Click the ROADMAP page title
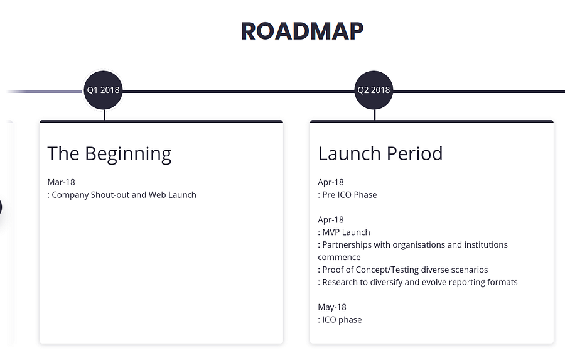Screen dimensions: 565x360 pyautogui.click(x=302, y=31)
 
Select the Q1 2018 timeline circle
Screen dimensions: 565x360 pyautogui.click(x=103, y=90)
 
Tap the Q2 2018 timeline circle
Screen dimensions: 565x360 pyautogui.click(x=374, y=90)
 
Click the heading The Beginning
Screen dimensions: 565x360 pyautogui.click(x=109, y=154)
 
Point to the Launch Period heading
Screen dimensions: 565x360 pyautogui.click(x=380, y=154)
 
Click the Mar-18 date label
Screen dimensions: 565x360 pyautogui.click(x=62, y=182)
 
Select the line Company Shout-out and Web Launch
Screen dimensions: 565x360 pyautogui.click(x=122, y=195)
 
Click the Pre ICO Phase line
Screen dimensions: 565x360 pyautogui.click(x=347, y=195)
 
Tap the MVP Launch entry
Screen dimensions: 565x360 pyautogui.click(x=344, y=232)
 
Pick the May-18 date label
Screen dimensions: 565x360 pyautogui.click(x=332, y=307)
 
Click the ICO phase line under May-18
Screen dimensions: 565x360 pyautogui.click(x=340, y=320)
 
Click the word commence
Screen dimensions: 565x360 pyautogui.click(x=339, y=258)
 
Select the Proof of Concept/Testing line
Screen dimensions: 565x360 pyautogui.click(x=403, y=270)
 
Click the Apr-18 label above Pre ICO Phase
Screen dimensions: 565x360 pyautogui.click(x=331, y=182)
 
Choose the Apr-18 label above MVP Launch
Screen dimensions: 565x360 pyautogui.click(x=331, y=220)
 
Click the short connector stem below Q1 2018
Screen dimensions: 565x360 pyautogui.click(x=104, y=115)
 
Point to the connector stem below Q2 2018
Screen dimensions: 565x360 pyautogui.click(x=375, y=115)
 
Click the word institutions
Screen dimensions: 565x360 pyautogui.click(x=486, y=245)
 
